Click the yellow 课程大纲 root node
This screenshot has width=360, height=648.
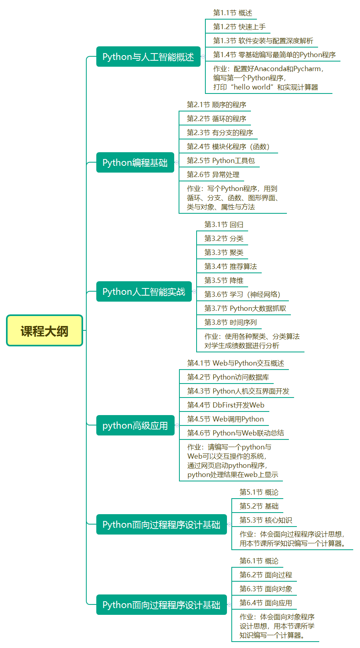coord(44,331)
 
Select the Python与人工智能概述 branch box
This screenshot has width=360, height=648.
coord(148,57)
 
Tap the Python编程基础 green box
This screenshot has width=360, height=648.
coord(135,163)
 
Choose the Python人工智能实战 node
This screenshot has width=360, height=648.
coord(144,292)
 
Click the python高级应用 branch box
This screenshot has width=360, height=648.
coord(135,425)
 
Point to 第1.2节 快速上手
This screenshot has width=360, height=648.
coord(239,27)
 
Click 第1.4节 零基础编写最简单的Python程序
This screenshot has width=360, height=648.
coord(274,55)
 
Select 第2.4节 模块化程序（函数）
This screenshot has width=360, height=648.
coord(228,147)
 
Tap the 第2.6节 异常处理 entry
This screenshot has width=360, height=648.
coord(213,175)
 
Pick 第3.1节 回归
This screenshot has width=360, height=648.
coord(224,225)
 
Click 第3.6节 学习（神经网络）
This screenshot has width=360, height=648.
coord(242,294)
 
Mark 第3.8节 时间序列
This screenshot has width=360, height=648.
coord(231,322)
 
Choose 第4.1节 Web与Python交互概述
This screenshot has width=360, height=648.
coord(235,363)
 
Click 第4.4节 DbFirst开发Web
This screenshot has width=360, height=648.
coord(226,405)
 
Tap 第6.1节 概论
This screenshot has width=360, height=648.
coord(259,561)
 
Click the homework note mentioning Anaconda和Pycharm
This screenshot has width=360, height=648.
coord(268,69)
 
